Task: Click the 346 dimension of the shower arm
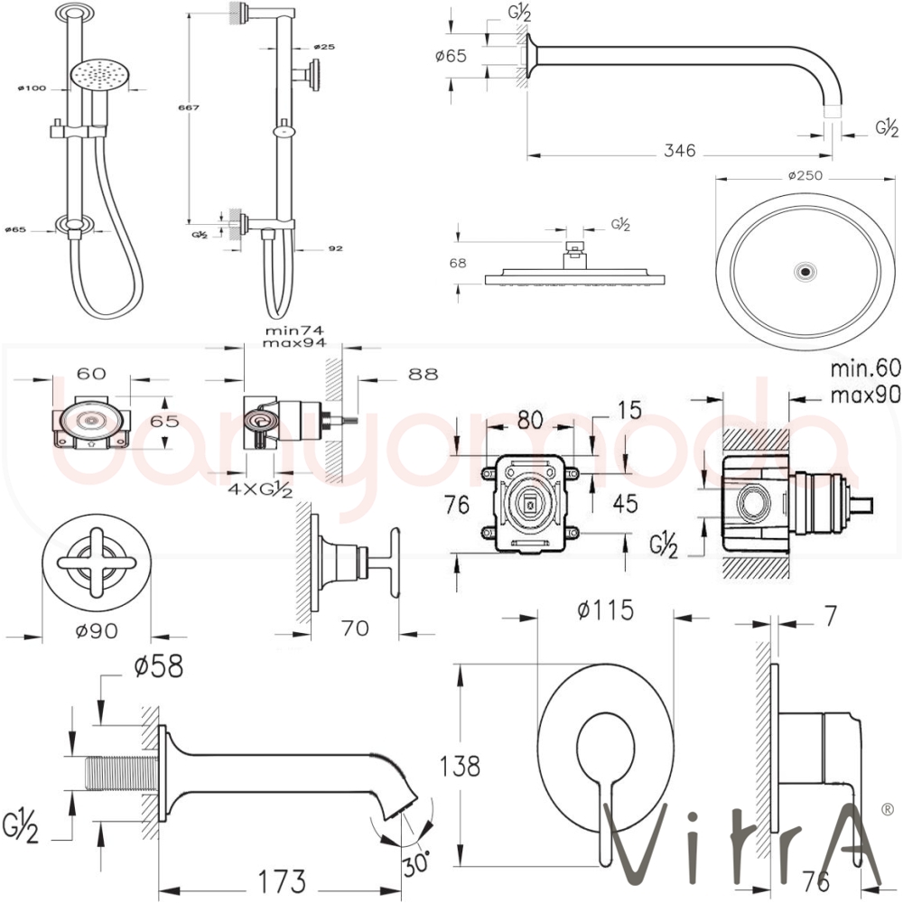(x=679, y=151)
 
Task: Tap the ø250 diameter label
(x=804, y=176)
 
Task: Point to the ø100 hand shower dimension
(x=33, y=88)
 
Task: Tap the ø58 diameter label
(x=159, y=666)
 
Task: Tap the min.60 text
(x=864, y=368)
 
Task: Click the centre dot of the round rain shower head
(x=804, y=271)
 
